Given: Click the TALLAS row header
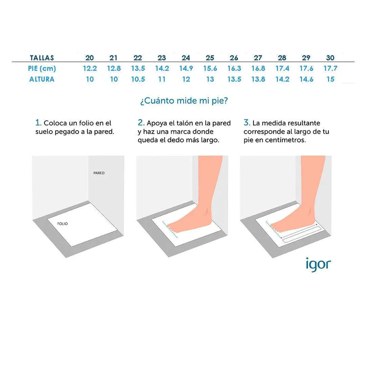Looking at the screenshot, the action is pos(42,57).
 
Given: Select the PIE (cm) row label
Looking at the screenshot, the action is pos(42,69).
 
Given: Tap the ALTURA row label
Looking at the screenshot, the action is pos(42,79).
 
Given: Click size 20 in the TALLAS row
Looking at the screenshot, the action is pos(89,57).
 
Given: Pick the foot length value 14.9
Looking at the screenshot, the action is pos(186,69).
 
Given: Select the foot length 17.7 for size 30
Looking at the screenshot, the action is pos(330,69).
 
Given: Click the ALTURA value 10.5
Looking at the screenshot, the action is pos(138,79).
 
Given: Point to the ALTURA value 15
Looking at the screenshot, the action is pos(330,79).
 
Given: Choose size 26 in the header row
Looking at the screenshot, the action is pos(234,57).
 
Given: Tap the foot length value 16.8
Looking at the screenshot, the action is pos(258,69).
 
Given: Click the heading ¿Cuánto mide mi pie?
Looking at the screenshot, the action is pos(184,101).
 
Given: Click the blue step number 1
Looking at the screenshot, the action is pos(38,123).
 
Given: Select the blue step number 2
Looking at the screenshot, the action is pos(141,123).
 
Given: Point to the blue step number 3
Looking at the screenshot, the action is pos(247,123).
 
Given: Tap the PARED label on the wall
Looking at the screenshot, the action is pos(99,173).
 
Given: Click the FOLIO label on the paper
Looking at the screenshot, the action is pos(63,224).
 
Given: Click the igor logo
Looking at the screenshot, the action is pos(318,265).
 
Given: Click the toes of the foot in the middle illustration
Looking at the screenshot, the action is pos(172,228).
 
